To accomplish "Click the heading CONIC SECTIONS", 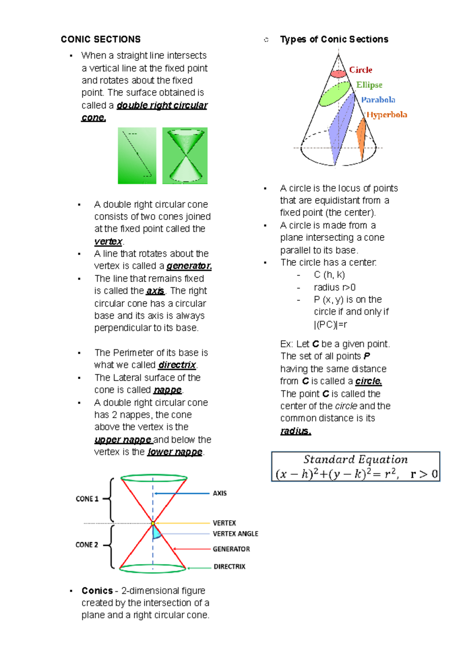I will click(x=100, y=39).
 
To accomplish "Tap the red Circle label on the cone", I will click(x=360, y=70).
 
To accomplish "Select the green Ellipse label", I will click(x=369, y=85).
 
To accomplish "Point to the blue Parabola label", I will click(x=378, y=100).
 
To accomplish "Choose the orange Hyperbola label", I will click(x=387, y=115).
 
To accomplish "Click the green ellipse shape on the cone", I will click(x=334, y=94).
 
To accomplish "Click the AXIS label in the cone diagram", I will click(x=219, y=493).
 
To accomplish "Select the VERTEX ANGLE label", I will click(x=235, y=534).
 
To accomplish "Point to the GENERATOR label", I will click(x=231, y=549).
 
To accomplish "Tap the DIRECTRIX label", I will click(x=229, y=567).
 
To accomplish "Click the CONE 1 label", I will click(x=87, y=499).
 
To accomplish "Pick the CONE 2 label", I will click(x=87, y=545).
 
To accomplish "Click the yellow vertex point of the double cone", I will click(x=153, y=523).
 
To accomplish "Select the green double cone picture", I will click(x=185, y=156).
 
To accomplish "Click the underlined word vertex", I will click(x=108, y=242).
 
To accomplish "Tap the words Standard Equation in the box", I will click(x=355, y=460).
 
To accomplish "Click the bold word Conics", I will click(x=97, y=591).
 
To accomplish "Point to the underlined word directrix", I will click(x=177, y=365).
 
